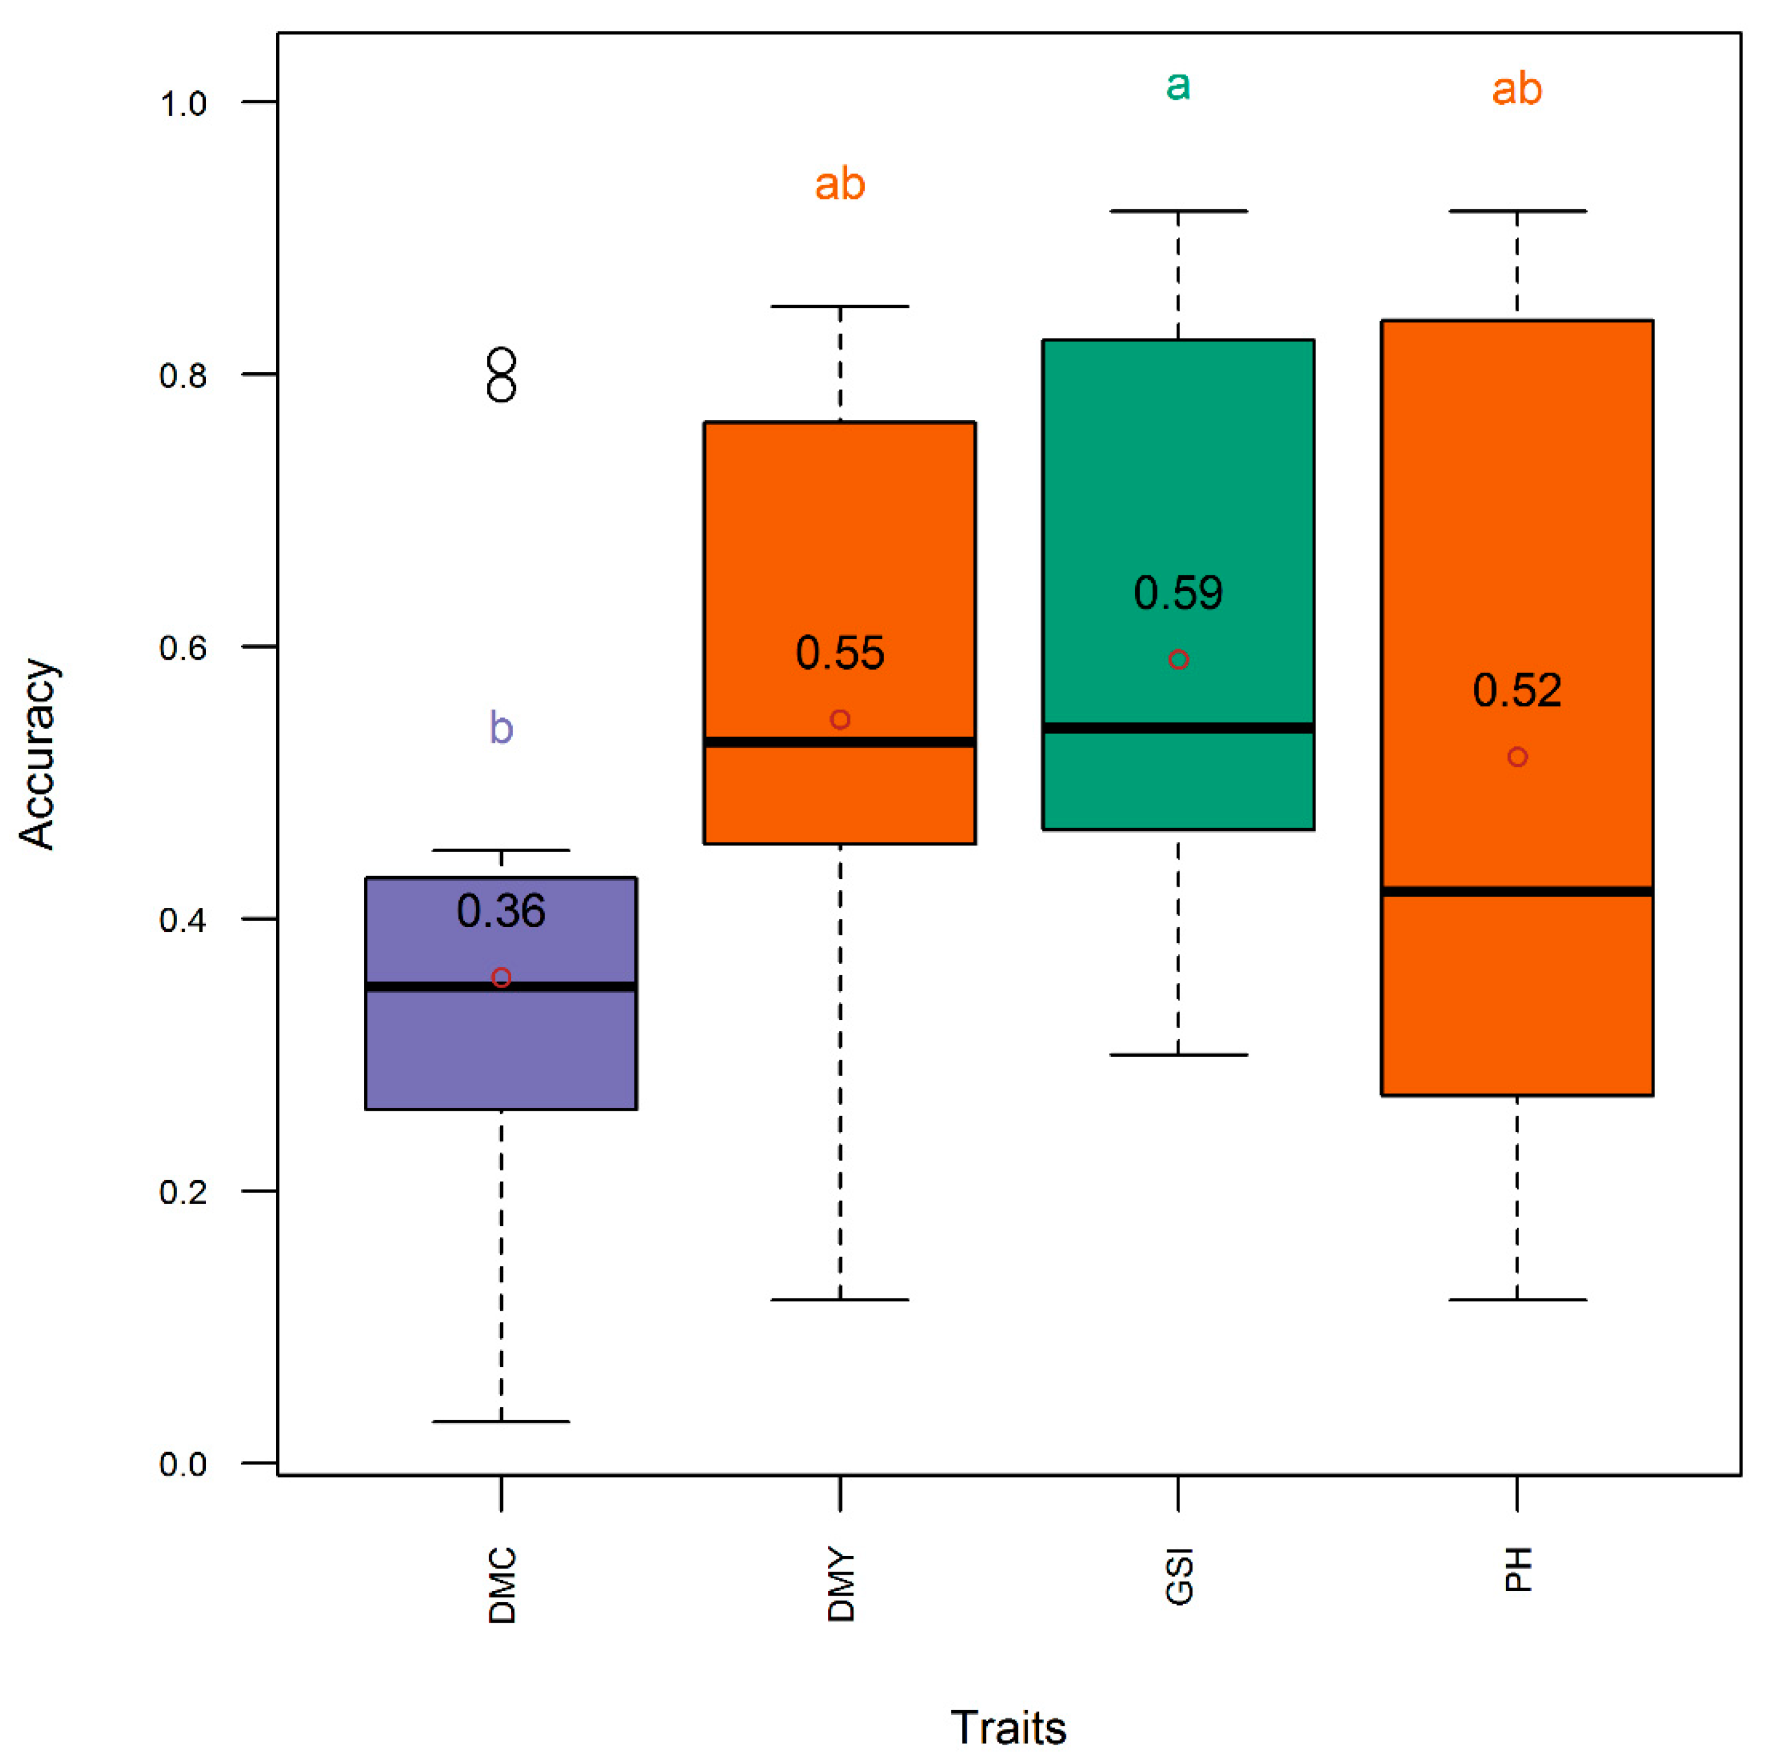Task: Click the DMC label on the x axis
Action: [x=502, y=1586]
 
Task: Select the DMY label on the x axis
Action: [x=841, y=1586]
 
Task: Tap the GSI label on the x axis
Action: [x=1179, y=1576]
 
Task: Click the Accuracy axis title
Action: [x=39, y=754]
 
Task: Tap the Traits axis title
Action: [x=1008, y=1728]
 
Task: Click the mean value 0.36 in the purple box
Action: [x=501, y=911]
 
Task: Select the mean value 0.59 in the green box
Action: [x=1178, y=593]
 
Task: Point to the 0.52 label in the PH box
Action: [x=1517, y=691]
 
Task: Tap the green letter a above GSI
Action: [x=1178, y=86]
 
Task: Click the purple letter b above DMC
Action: [x=501, y=728]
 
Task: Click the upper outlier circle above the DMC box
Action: [x=502, y=361]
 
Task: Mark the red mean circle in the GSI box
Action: [x=1178, y=660]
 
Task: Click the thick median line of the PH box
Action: [x=1517, y=891]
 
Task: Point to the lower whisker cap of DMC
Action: [x=501, y=1422]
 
